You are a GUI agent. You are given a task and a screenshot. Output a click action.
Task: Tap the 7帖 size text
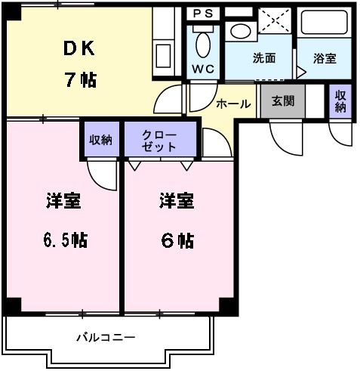[79, 80]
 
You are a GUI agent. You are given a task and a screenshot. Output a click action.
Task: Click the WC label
[202, 69]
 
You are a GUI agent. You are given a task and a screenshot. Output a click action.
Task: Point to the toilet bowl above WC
[203, 45]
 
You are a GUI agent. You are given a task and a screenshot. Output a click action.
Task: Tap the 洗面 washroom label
[263, 58]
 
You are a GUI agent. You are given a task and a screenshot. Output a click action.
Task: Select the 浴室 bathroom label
[325, 58]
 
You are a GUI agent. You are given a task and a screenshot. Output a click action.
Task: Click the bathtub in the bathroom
[325, 23]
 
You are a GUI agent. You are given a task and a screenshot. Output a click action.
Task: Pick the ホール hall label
[232, 104]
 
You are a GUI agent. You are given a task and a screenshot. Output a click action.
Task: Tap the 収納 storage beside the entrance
[340, 101]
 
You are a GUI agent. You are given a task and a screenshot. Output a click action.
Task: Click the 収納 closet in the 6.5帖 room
[101, 140]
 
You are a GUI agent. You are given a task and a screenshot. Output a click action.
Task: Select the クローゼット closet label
[160, 141]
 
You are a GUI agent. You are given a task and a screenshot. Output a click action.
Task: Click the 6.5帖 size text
[63, 240]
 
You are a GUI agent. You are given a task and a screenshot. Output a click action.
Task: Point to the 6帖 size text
[178, 240]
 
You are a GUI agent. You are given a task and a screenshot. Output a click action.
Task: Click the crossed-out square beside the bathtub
[274, 20]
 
